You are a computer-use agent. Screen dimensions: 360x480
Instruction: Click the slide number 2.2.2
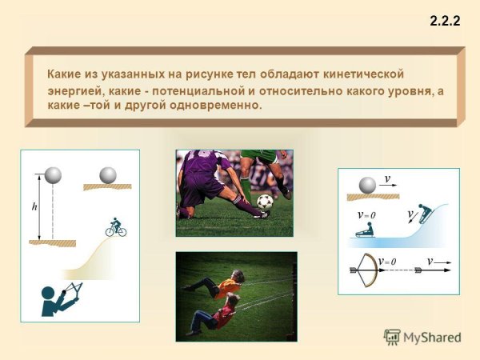coord(445,22)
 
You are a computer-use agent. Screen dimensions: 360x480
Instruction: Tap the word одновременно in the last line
coord(220,106)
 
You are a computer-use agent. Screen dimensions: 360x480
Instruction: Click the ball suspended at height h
coord(54,175)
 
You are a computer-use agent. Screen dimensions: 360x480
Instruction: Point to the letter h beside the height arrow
coord(34,206)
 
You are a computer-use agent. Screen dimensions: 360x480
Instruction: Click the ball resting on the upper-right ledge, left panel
coord(107,174)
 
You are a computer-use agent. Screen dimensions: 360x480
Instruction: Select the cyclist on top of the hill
coord(116,227)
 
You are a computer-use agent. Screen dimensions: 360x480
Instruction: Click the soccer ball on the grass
coord(265,202)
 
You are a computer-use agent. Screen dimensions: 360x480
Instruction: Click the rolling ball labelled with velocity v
coord(368,186)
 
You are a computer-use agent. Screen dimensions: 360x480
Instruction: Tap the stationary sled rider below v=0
coord(366,230)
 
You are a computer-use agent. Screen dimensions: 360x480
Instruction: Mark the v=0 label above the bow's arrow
coord(389,261)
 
